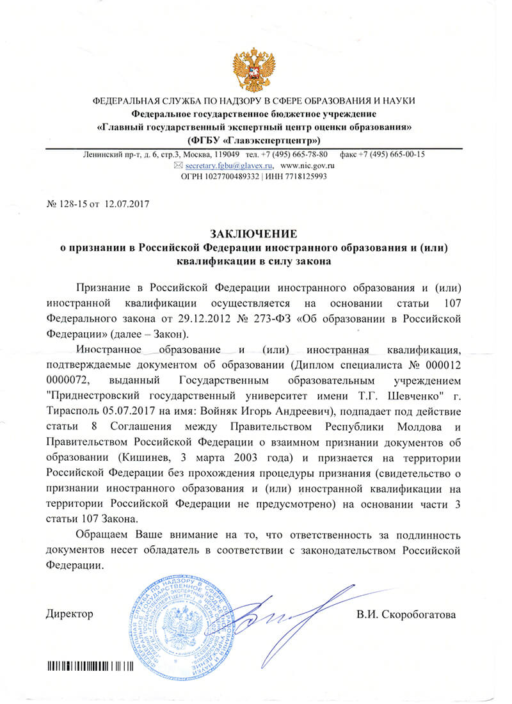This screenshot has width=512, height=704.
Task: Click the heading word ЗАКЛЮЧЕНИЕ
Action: (254, 234)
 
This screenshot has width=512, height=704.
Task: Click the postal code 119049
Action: (225, 154)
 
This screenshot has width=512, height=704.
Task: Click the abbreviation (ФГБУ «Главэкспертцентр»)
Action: (254, 139)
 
